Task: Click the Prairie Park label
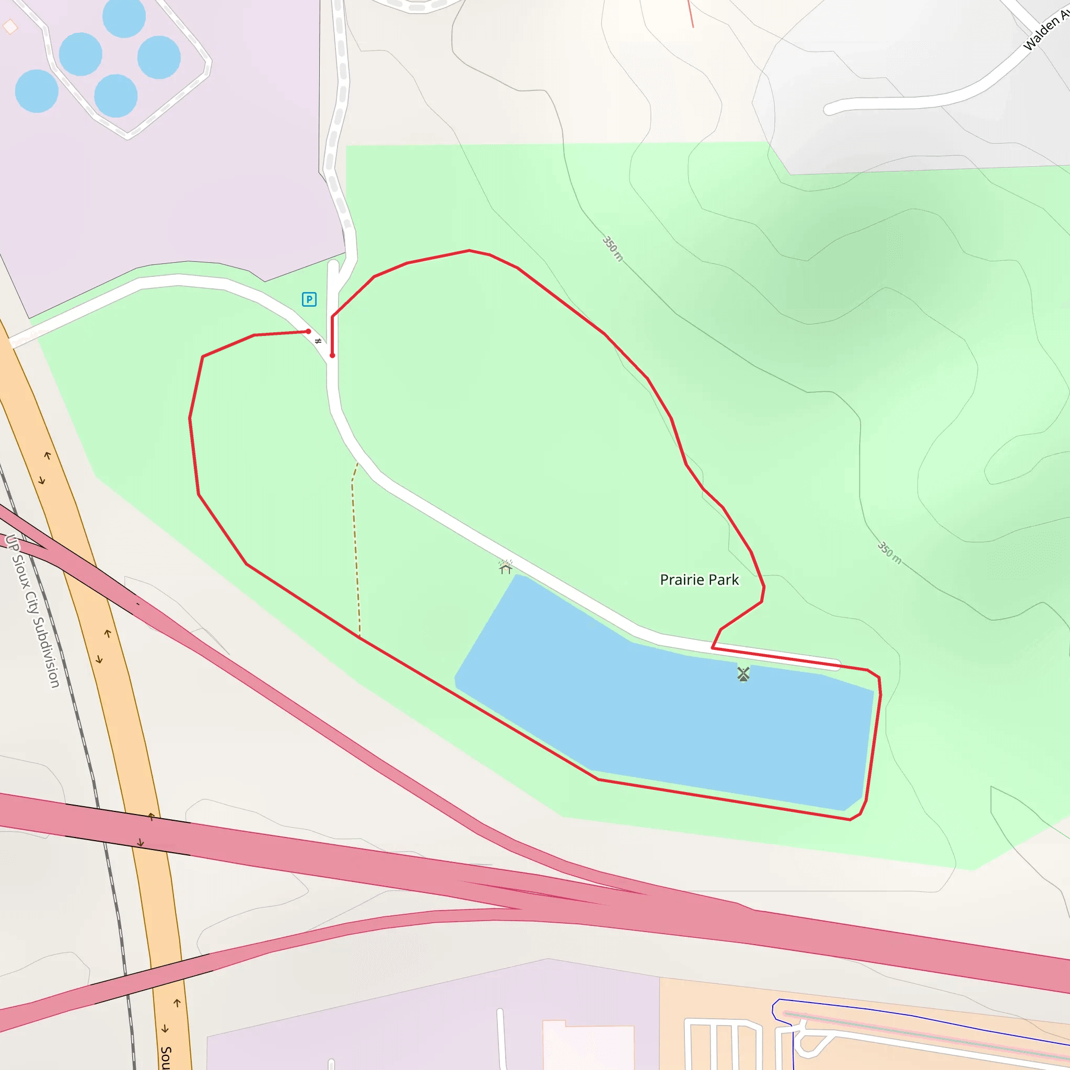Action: [699, 580]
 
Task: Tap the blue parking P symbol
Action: [309, 299]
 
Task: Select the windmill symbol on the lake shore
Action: [743, 673]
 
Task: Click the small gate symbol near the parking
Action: [318, 341]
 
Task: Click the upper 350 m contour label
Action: [612, 249]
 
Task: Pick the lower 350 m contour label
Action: [889, 553]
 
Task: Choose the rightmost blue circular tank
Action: [159, 57]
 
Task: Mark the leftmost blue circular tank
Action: [37, 91]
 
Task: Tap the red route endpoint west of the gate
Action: [308, 332]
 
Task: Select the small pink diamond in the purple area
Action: [10, 26]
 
